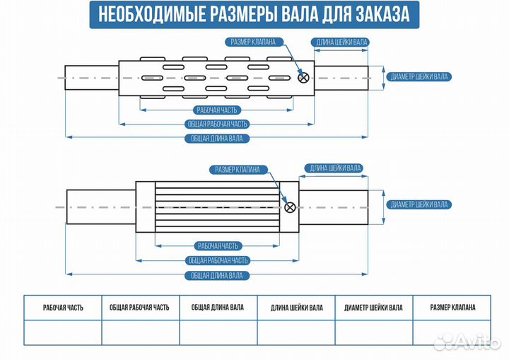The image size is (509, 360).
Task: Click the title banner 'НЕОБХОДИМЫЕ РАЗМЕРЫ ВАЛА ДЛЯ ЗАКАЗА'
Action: click(255, 14)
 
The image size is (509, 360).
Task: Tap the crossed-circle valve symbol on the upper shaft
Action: click(304, 78)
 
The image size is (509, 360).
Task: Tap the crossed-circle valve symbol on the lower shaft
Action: click(289, 207)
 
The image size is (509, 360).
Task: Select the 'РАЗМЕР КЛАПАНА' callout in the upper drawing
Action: click(253, 41)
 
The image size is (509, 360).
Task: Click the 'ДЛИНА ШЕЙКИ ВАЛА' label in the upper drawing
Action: click(341, 42)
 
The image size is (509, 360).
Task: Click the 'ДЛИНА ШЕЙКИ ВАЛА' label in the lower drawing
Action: click(334, 168)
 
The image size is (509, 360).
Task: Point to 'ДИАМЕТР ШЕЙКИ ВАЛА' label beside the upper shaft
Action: click(419, 76)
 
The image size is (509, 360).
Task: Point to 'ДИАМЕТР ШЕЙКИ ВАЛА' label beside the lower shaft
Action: click(419, 204)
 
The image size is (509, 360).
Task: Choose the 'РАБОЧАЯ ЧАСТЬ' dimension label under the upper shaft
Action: click(217, 110)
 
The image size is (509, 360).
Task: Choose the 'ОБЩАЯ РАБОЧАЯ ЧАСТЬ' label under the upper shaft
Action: click(217, 124)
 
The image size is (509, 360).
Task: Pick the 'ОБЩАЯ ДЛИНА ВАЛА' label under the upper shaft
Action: click(217, 139)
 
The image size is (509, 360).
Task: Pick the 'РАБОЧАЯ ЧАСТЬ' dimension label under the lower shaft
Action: click(217, 246)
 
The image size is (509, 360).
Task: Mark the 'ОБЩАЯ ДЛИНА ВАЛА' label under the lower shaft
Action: click(217, 275)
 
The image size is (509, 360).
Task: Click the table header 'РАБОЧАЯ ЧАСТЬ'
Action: click(63, 308)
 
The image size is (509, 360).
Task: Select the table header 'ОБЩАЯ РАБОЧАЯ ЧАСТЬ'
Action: click(140, 308)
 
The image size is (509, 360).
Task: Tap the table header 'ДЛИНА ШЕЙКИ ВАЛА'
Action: click(296, 308)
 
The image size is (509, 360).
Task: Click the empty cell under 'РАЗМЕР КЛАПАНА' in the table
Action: click(452, 332)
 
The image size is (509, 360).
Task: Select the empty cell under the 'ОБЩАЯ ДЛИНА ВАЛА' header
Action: click(218, 332)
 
